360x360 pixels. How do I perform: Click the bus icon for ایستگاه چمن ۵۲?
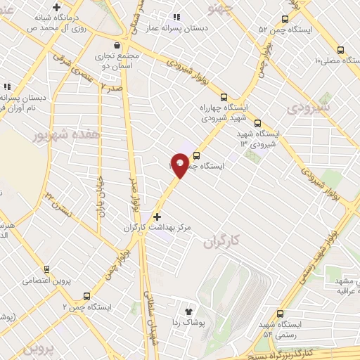coord(285,20)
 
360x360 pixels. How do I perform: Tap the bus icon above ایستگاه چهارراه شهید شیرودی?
coord(224,97)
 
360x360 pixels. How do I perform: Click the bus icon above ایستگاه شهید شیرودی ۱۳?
coord(258,122)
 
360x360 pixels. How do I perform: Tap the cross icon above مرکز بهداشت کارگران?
coord(157,217)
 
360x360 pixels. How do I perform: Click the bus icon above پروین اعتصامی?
coord(47,269)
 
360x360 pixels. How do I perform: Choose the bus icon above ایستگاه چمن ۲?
coord(86,297)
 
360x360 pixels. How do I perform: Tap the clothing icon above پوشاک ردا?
coord(188,311)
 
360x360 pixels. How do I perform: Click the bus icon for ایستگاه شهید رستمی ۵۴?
coord(281,314)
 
